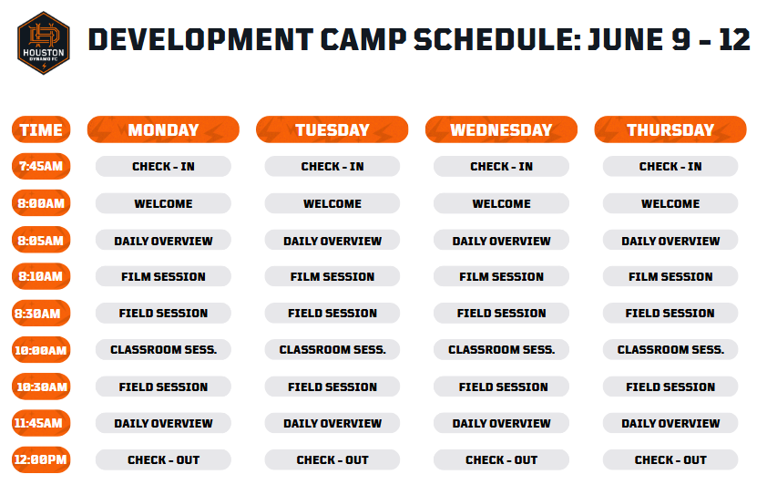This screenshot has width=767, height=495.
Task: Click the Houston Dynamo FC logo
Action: pyautogui.click(x=44, y=43)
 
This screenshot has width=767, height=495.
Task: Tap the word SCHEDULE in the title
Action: pyautogui.click(x=497, y=40)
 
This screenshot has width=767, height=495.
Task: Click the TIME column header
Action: pyautogui.click(x=41, y=129)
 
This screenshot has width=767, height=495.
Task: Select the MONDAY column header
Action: pyautogui.click(x=163, y=129)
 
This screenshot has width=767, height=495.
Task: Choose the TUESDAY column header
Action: pyautogui.click(x=332, y=129)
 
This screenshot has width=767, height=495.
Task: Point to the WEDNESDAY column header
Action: pyautogui.click(x=501, y=129)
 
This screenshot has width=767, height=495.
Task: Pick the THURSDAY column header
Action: pyautogui.click(x=670, y=129)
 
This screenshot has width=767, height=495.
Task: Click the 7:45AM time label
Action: pyautogui.click(x=41, y=166)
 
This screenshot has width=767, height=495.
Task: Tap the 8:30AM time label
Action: pyautogui.click(x=41, y=314)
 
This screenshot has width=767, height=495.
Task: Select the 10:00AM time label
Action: pyautogui.click(x=41, y=350)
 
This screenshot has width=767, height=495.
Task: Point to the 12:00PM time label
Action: pyautogui.click(x=41, y=459)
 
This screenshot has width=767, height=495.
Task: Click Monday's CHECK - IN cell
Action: pyautogui.click(x=163, y=167)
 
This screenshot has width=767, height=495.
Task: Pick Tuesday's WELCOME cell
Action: pyautogui.click(x=332, y=203)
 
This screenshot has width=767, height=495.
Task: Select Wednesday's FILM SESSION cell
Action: pyautogui.click(x=501, y=276)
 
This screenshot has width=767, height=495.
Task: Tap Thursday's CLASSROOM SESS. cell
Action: pyautogui.click(x=670, y=349)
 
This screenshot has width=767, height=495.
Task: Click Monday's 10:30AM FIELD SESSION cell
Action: pyautogui.click(x=163, y=387)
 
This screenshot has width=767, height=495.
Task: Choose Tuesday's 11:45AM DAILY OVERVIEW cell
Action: pyautogui.click(x=332, y=423)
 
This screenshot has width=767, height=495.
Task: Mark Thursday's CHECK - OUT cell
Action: pyautogui.click(x=670, y=459)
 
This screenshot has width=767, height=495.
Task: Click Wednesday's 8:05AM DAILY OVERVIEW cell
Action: pyautogui.click(x=501, y=241)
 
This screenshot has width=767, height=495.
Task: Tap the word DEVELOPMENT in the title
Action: pyautogui.click(x=200, y=40)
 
